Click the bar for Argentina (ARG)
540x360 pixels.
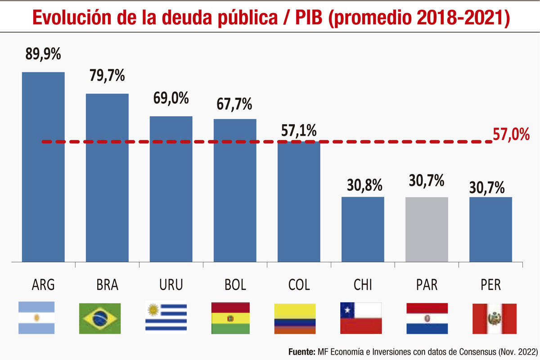click(x=43, y=166)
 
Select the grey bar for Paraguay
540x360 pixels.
click(x=427, y=229)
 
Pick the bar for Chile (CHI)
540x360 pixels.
click(x=363, y=229)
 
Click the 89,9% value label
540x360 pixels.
click(x=43, y=55)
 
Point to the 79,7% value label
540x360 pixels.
click(x=107, y=76)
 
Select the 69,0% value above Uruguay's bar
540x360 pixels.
click(x=171, y=99)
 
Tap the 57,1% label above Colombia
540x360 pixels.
click(x=299, y=130)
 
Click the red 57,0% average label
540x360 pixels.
click(x=511, y=135)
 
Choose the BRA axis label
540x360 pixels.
click(x=107, y=285)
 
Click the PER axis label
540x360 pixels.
click(x=490, y=285)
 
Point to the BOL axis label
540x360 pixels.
click(x=235, y=285)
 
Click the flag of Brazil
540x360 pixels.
click(x=99, y=318)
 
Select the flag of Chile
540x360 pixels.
click(x=361, y=318)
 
